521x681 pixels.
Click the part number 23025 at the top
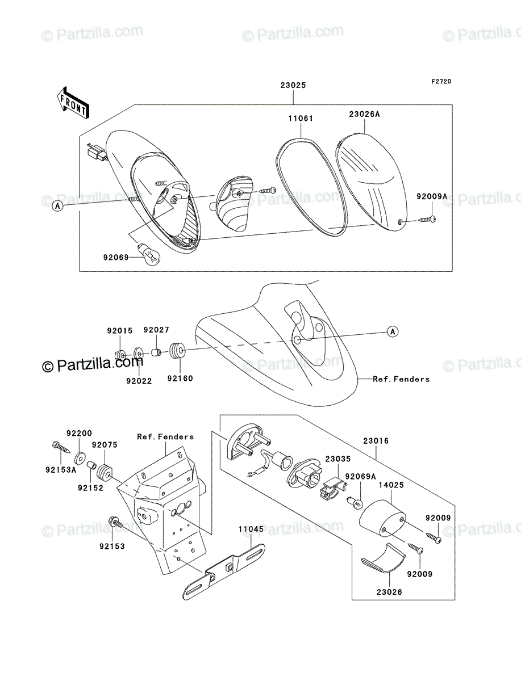point(293,85)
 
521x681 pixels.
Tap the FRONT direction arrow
point(73,103)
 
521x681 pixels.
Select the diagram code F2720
point(441,82)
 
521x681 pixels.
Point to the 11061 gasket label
point(301,118)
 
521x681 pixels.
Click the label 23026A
point(365,114)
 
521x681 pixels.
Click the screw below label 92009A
point(427,220)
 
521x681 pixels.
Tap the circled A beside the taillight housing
point(58,205)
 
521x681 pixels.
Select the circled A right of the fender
point(393,331)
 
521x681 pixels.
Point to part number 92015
point(120,331)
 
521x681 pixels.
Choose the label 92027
point(156,330)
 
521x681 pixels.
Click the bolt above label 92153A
point(61,447)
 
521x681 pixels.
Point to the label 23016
point(376,440)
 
